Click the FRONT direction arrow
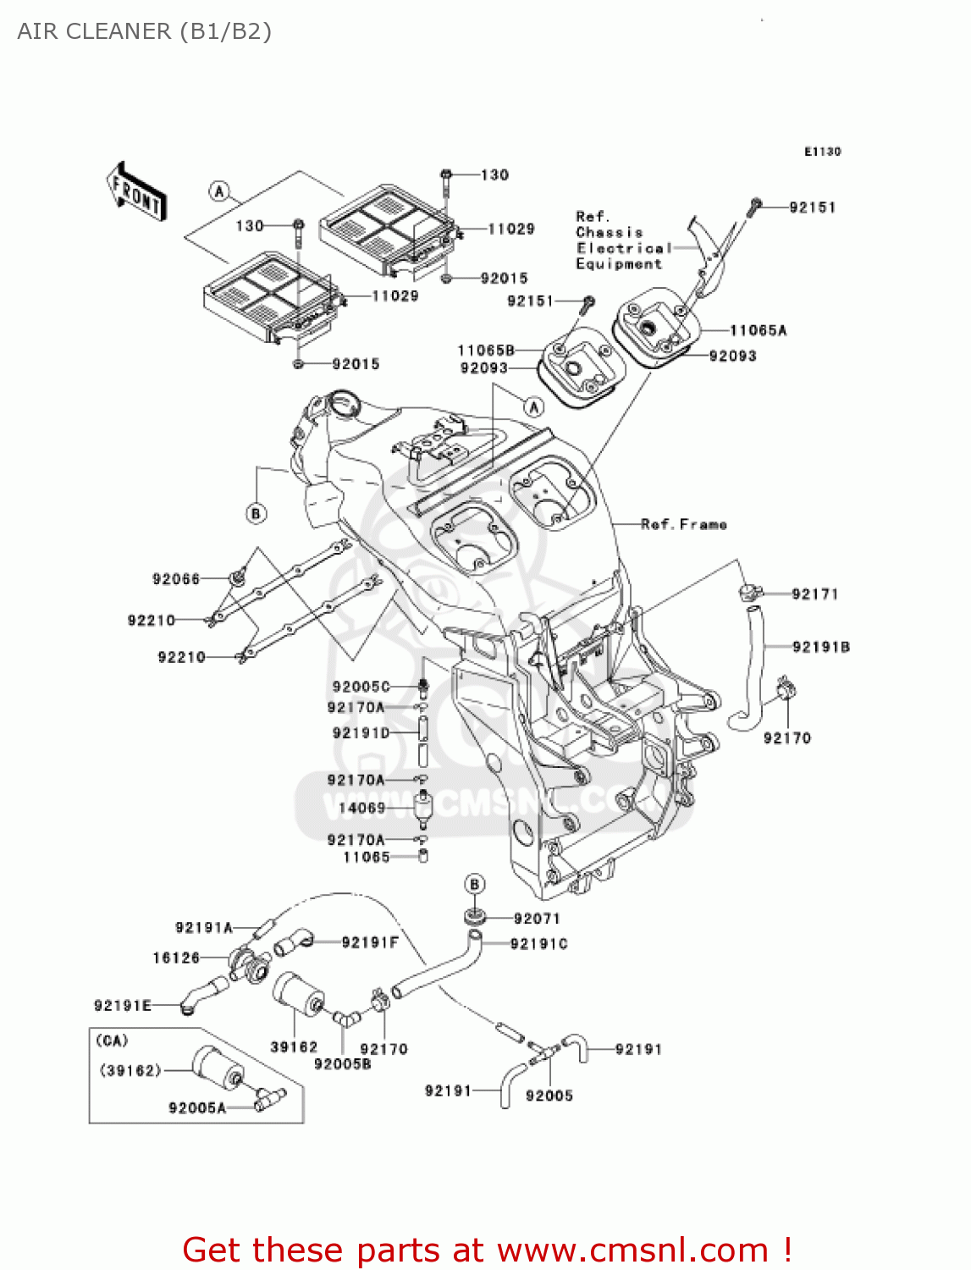pos(136,192)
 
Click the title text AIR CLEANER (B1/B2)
pos(144,31)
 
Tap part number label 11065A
pos(758,330)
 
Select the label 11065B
pos(486,350)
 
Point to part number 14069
pos(361,808)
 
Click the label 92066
pos(176,579)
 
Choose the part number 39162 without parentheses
pos(294,1046)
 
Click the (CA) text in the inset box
pos(112,1040)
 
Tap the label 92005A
pos(197,1107)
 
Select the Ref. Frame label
pos(683,524)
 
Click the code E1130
pos(822,152)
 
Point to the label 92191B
pos(820,647)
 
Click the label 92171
pos(814,594)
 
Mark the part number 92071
pos(537,918)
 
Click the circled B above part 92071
pos(475,884)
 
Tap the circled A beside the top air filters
pos(220,191)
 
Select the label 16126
pos(176,958)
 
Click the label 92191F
pos(370,942)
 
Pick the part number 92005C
pos(361,687)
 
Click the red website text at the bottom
pos(487,1250)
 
